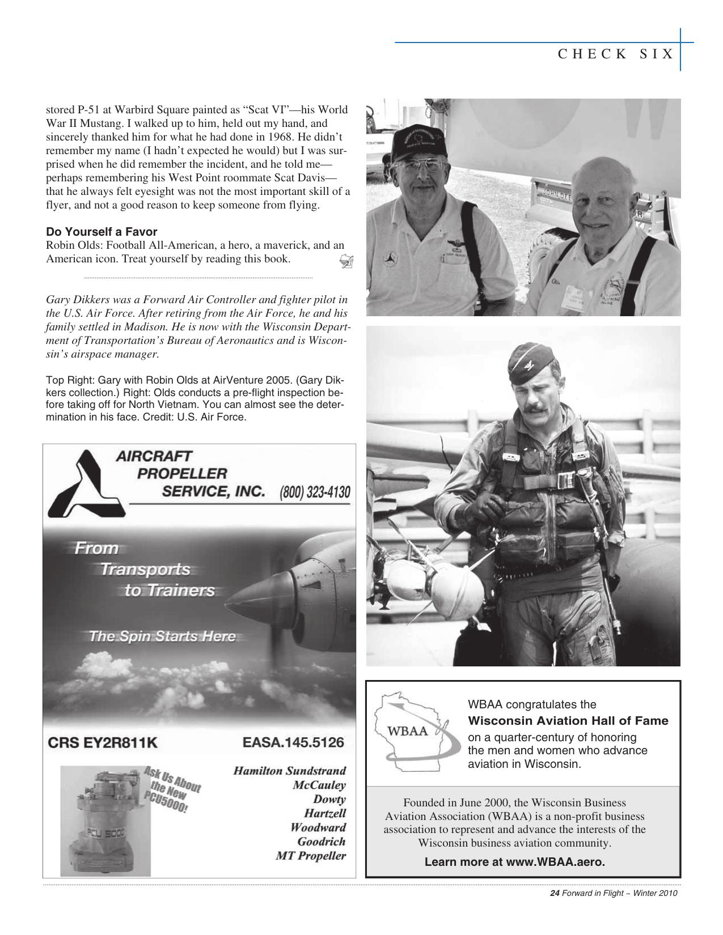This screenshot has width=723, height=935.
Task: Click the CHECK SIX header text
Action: coord(616,54)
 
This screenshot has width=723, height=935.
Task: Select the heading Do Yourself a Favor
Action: coord(102,232)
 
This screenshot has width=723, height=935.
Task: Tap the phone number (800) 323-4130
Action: coord(315,492)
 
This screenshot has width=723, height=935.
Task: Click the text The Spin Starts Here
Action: coord(162,636)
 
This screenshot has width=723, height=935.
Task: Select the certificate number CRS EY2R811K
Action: coord(102,743)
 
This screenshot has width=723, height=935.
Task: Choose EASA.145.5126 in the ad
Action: coord(293,742)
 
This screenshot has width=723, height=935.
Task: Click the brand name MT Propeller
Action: coord(311,856)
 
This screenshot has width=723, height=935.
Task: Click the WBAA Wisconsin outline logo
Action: coord(412,730)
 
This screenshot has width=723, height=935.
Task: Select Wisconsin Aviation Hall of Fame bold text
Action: coord(568,721)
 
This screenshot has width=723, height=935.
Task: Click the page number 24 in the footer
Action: coord(555,894)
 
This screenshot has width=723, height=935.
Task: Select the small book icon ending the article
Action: coord(346,261)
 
